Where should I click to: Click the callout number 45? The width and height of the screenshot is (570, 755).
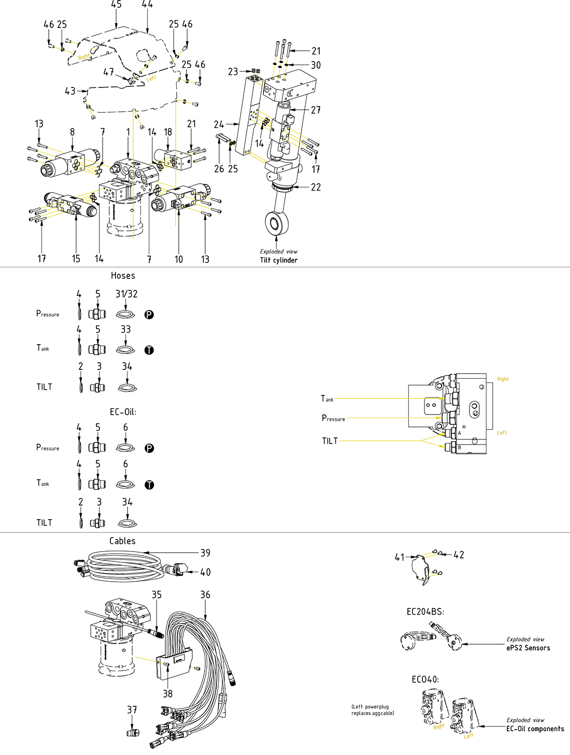116,5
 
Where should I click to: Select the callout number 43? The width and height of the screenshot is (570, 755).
70,91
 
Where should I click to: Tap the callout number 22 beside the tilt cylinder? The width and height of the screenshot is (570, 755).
316,187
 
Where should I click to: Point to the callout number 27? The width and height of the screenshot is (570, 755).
316,110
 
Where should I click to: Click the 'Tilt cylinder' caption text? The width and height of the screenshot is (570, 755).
279,260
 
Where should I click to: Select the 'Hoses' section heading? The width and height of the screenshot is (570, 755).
123,276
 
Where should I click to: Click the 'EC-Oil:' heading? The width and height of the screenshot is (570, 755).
123,412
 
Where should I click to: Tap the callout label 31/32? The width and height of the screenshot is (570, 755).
126,294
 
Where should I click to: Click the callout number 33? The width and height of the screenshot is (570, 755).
126,330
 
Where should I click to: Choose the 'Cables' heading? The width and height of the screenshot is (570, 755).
122,541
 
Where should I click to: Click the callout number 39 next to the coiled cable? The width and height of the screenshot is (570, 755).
205,553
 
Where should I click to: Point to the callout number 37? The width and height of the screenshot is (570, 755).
132,710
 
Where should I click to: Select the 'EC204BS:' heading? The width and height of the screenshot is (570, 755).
425,612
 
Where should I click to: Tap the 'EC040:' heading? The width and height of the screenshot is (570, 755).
425,679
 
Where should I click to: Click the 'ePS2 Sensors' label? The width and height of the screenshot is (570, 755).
528,648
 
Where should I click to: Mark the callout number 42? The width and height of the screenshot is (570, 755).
459,555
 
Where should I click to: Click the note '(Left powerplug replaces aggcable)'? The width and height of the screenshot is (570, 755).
373,710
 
